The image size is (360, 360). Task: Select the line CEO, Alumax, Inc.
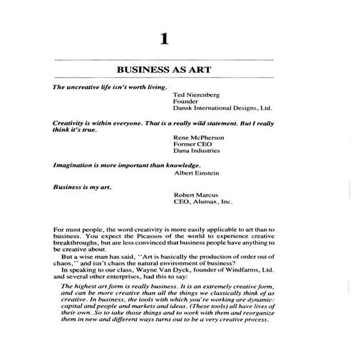coord(203,202)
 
